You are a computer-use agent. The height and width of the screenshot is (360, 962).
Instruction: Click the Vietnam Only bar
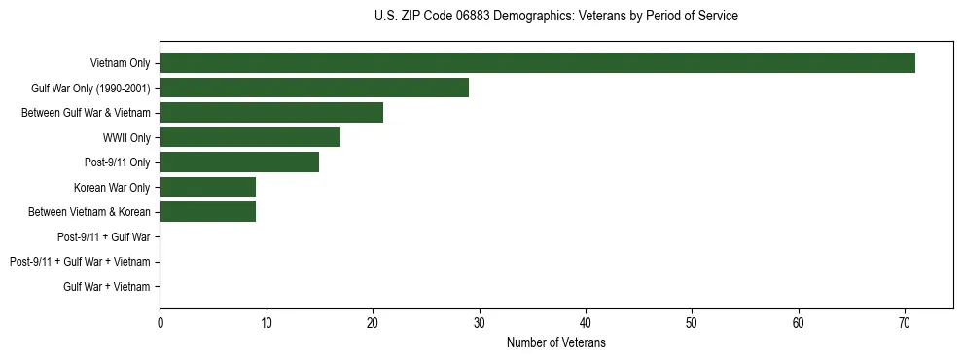click(x=537, y=63)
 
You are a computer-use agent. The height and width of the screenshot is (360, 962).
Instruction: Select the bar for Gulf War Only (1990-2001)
click(x=314, y=89)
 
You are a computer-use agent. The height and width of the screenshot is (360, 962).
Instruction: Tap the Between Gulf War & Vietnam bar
click(x=271, y=113)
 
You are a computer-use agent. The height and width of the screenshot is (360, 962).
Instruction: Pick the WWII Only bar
click(x=250, y=138)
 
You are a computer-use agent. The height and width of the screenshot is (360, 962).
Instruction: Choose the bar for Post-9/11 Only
click(x=239, y=162)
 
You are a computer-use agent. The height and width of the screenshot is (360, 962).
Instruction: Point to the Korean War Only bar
click(x=207, y=188)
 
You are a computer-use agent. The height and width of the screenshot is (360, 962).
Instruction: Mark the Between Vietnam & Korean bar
click(x=207, y=212)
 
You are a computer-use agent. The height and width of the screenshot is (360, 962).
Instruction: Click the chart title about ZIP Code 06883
click(x=555, y=17)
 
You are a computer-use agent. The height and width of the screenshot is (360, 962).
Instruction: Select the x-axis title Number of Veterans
click(x=555, y=343)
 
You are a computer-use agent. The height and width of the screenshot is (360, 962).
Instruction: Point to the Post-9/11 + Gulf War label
click(x=104, y=237)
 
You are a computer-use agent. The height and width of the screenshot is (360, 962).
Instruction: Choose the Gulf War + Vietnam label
click(x=107, y=287)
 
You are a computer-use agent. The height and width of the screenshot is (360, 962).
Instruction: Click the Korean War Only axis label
click(x=112, y=188)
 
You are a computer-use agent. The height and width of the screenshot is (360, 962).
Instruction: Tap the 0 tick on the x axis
click(x=160, y=324)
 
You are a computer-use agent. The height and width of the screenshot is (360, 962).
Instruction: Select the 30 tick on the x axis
click(x=479, y=324)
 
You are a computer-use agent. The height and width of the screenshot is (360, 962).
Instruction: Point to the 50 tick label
click(x=692, y=324)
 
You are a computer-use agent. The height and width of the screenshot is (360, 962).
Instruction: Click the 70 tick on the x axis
click(x=905, y=324)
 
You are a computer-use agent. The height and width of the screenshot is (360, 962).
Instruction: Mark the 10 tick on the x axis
click(x=266, y=324)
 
